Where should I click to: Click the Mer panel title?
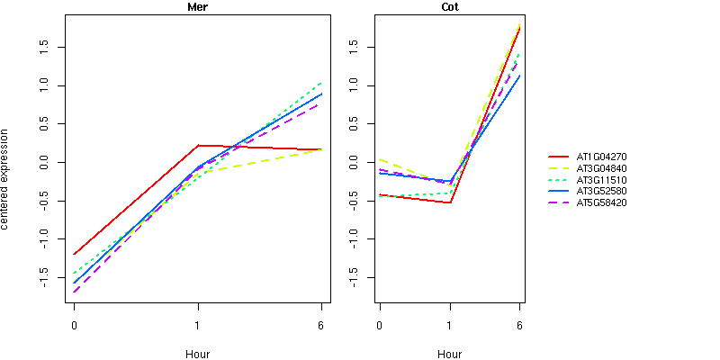[197, 7]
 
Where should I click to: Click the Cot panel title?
[449, 7]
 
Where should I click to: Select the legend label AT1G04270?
[602, 157]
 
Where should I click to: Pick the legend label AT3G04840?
[602, 168]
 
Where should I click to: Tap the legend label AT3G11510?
[602, 180]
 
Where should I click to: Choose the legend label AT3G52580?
[602, 192]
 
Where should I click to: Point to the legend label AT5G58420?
[602, 203]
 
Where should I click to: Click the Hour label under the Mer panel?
[197, 354]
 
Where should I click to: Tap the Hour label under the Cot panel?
[449, 354]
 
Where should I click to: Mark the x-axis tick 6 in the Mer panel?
[321, 324]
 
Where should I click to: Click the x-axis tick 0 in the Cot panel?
[380, 324]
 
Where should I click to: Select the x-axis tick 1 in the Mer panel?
[197, 324]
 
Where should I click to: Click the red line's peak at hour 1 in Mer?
[198, 145]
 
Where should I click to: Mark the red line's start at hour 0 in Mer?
[74, 254]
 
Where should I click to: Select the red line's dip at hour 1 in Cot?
[449, 202]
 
